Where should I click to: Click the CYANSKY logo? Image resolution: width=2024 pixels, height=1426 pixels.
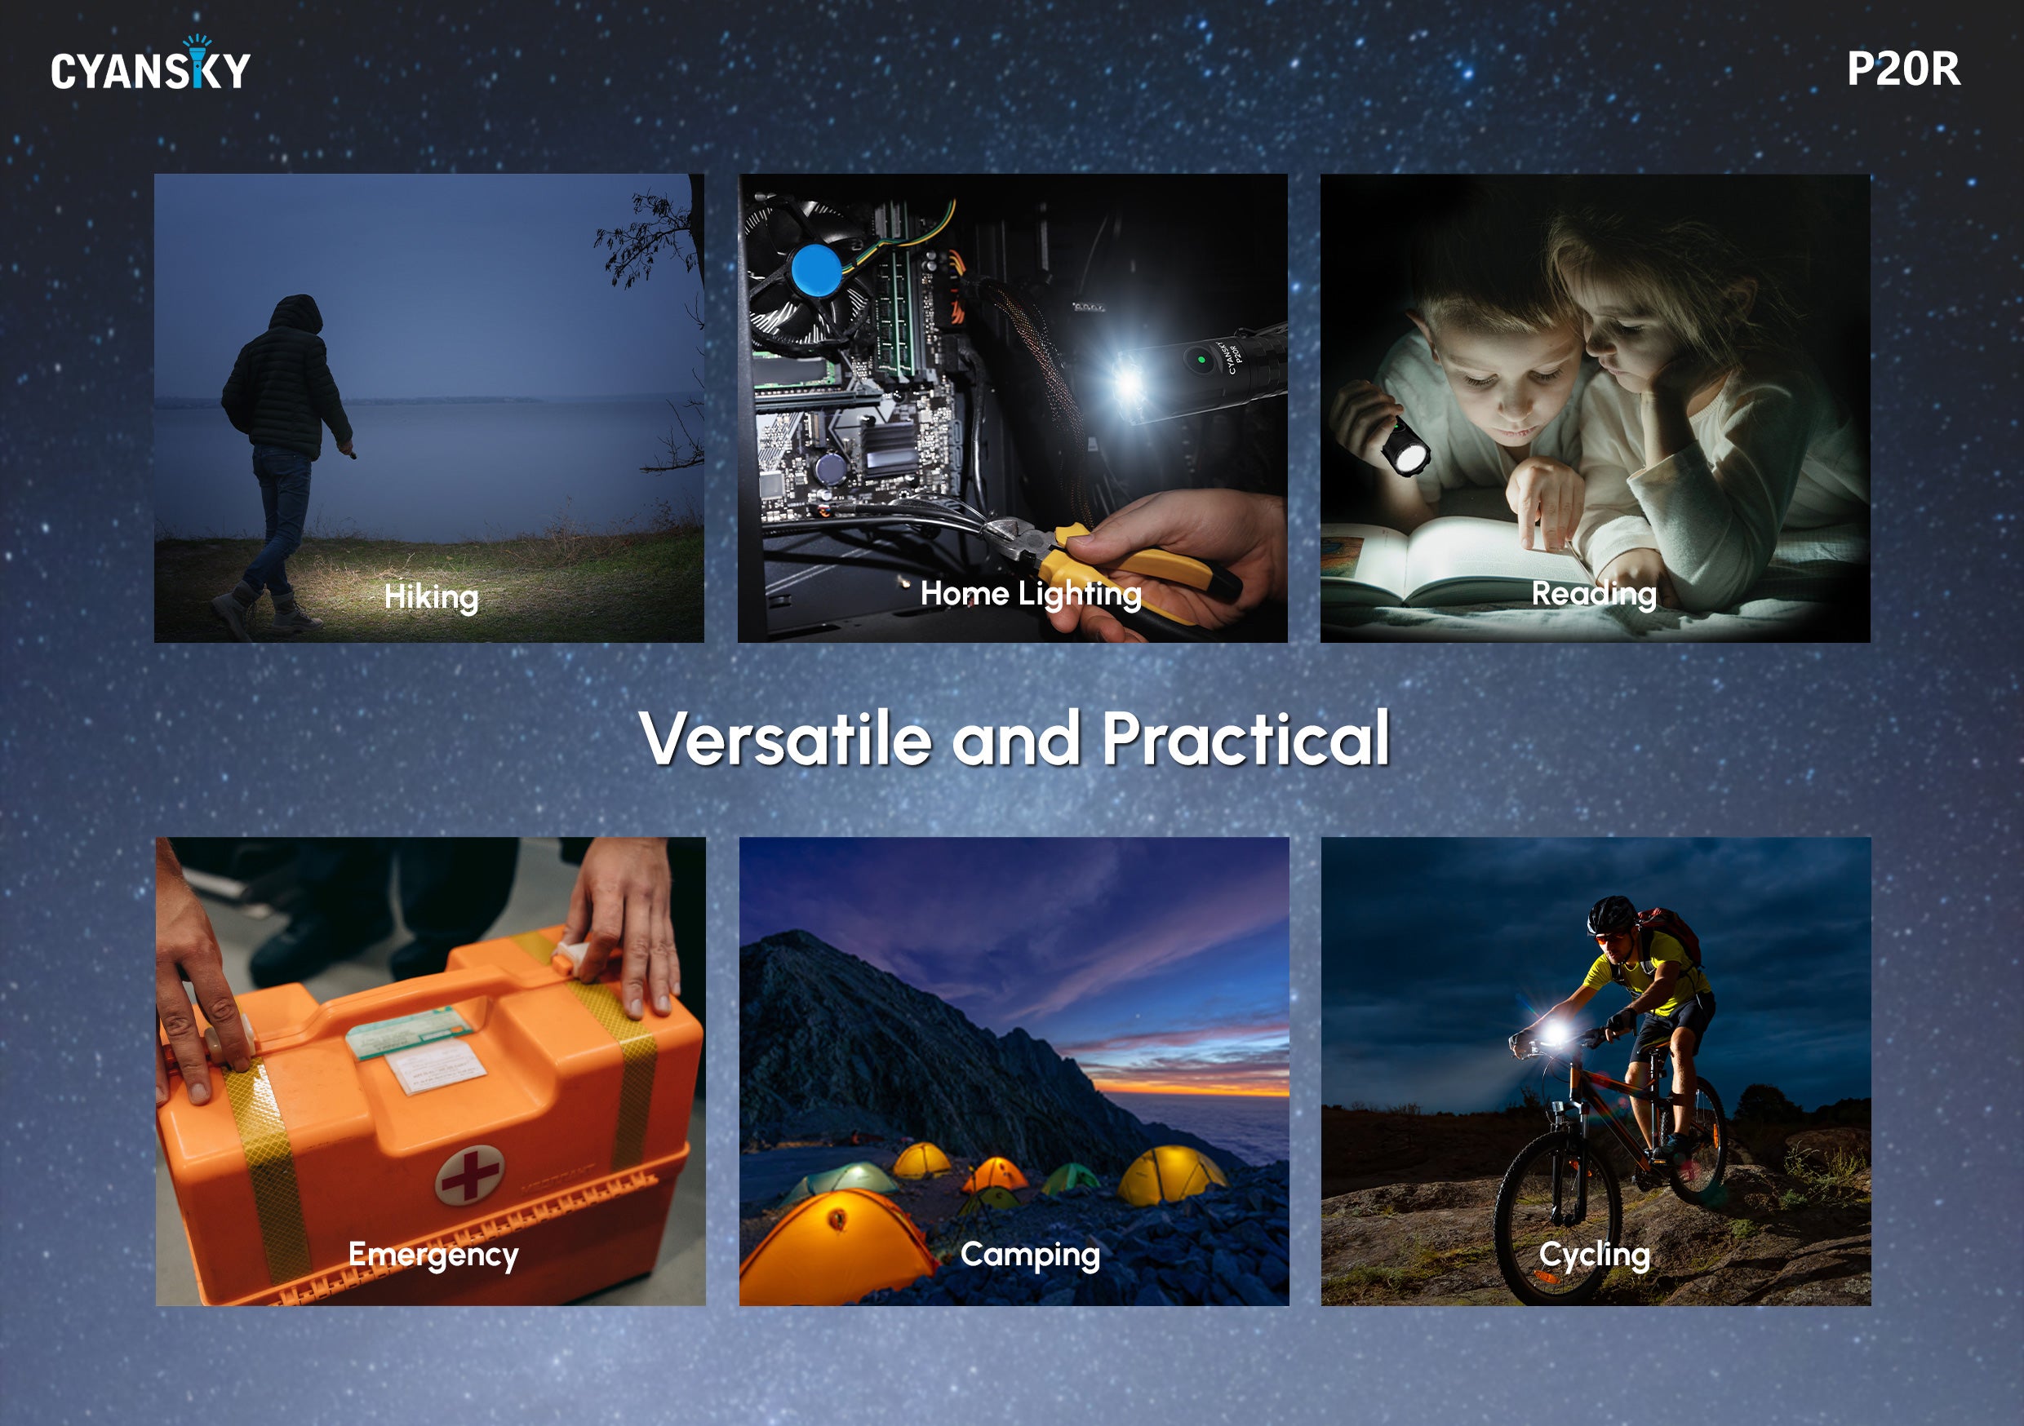click(151, 64)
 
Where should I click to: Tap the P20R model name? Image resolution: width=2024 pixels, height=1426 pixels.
click(1903, 69)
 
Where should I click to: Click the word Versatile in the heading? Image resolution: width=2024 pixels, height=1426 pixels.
click(785, 738)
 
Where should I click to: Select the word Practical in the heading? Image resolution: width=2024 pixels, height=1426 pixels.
click(1245, 737)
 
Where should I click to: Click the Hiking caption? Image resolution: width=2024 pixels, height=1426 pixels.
click(431, 596)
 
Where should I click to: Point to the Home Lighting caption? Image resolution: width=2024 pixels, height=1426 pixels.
click(1031, 594)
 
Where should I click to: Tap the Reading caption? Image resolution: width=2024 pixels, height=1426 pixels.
click(1594, 594)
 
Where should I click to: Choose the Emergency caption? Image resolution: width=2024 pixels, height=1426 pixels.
click(433, 1254)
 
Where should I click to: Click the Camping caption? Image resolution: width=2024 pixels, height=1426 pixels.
click(1030, 1254)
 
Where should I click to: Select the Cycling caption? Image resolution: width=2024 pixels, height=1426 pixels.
click(1594, 1254)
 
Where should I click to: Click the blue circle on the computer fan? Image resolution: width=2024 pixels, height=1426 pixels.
click(815, 270)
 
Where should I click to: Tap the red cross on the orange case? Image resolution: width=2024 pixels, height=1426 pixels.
click(470, 1175)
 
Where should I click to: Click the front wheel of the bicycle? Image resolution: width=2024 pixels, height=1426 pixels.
click(1558, 1218)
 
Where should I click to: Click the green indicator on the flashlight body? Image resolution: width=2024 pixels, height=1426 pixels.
click(1201, 360)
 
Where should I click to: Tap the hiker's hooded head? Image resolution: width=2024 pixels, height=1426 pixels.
click(295, 317)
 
